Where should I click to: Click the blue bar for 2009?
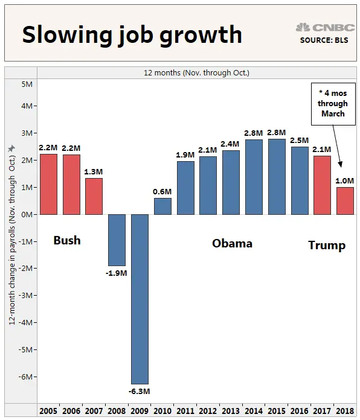point(140,299)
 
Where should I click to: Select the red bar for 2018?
point(345,200)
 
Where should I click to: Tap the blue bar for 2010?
point(162,206)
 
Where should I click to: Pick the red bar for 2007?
point(94,196)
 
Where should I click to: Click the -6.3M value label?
point(140,391)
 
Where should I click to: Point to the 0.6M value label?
point(162,192)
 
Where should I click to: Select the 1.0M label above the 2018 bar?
point(345,181)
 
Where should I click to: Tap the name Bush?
point(67,241)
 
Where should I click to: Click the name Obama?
point(232,244)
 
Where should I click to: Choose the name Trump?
point(327,245)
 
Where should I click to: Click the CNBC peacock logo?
point(303,27)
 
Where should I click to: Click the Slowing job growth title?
point(132,35)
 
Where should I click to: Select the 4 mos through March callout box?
point(333,104)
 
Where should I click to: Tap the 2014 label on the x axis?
point(254,411)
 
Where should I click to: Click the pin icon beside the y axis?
point(11,148)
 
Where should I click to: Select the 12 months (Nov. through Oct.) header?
point(196,72)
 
